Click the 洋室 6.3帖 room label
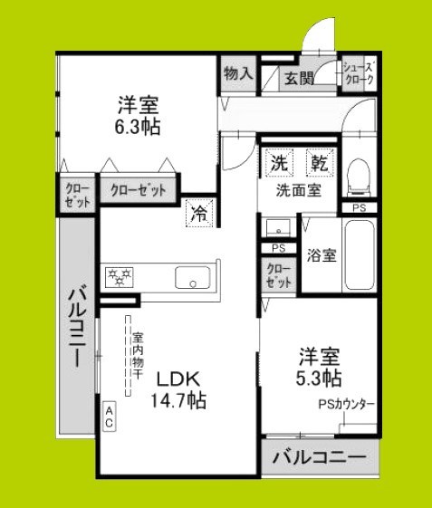(139, 114)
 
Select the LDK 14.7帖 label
(178, 388)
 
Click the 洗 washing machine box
(278, 164)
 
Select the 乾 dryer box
(319, 164)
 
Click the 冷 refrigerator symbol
(198, 213)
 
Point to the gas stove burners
(119, 278)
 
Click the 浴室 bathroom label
(322, 255)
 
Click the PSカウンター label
(346, 405)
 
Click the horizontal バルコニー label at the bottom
(320, 458)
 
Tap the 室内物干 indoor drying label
(135, 353)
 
